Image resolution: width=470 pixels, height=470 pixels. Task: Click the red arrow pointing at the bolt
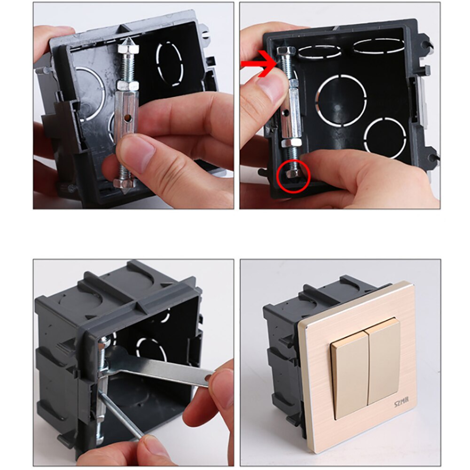258,63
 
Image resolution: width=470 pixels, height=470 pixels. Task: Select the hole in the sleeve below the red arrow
285,112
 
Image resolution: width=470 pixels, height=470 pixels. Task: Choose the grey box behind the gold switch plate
282,357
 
